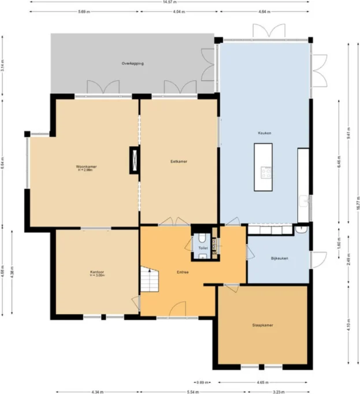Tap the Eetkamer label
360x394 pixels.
[x=179, y=161]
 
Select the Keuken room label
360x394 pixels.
[x=265, y=133]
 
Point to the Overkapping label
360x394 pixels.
[x=132, y=63]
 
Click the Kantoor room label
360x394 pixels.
[x=97, y=272]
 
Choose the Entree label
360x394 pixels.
[x=182, y=272]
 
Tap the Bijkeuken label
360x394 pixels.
[x=279, y=258]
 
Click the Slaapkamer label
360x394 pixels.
[x=262, y=325]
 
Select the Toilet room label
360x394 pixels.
[x=202, y=248]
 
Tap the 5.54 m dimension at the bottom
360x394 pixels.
[x=177, y=392]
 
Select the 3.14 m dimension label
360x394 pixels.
[x=3, y=66]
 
